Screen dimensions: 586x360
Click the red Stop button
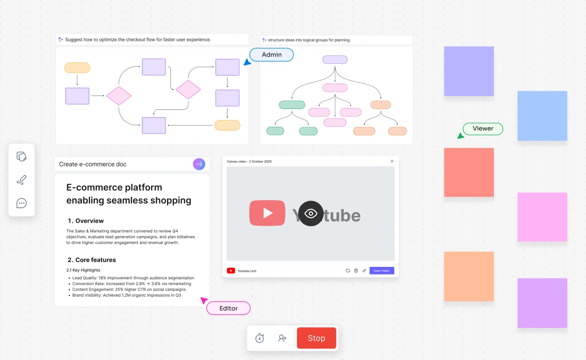coord(316,338)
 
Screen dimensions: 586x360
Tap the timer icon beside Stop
coord(260,338)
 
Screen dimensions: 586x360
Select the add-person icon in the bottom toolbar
coord(282,338)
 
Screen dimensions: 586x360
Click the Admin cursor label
coord(272,55)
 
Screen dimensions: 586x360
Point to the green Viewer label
coord(483,129)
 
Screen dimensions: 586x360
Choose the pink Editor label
coord(228,308)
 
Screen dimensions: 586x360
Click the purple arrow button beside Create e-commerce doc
coord(199,164)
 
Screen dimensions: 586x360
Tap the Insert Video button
coord(382,271)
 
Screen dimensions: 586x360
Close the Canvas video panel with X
coord(392,161)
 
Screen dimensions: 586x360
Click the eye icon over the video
coord(311,214)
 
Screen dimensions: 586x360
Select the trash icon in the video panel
coord(356,271)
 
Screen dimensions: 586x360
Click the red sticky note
coord(469,172)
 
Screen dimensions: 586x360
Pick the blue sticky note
coord(542,116)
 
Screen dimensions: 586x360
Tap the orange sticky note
coord(469,276)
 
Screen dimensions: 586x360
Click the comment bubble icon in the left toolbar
coord(22,203)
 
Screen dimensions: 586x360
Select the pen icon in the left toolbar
coord(22,180)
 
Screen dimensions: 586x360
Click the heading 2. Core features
coord(92,260)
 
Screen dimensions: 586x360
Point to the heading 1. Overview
coord(85,221)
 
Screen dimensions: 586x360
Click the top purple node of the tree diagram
coord(335,60)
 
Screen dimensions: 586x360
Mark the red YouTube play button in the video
coord(267,213)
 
